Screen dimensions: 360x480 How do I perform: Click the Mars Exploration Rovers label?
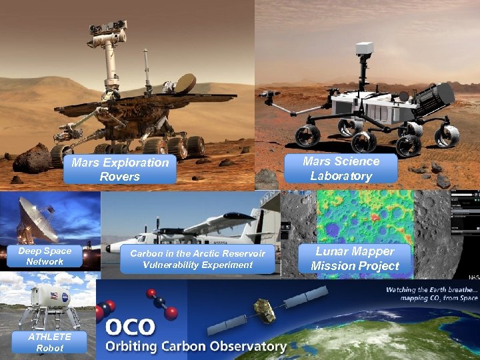tap(120, 169)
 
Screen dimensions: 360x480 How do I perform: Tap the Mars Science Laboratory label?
tap(341, 169)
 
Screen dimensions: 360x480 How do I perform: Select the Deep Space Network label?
tap(45, 257)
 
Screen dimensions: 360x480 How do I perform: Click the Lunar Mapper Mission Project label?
tap(355, 259)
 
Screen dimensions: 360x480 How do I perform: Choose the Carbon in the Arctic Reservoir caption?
tap(197, 259)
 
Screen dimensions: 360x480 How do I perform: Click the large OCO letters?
tap(130, 327)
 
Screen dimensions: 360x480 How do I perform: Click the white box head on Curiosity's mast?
tap(365, 48)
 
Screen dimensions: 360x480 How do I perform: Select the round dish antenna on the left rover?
tap(185, 84)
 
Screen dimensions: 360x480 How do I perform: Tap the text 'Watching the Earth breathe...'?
tap(430, 290)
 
